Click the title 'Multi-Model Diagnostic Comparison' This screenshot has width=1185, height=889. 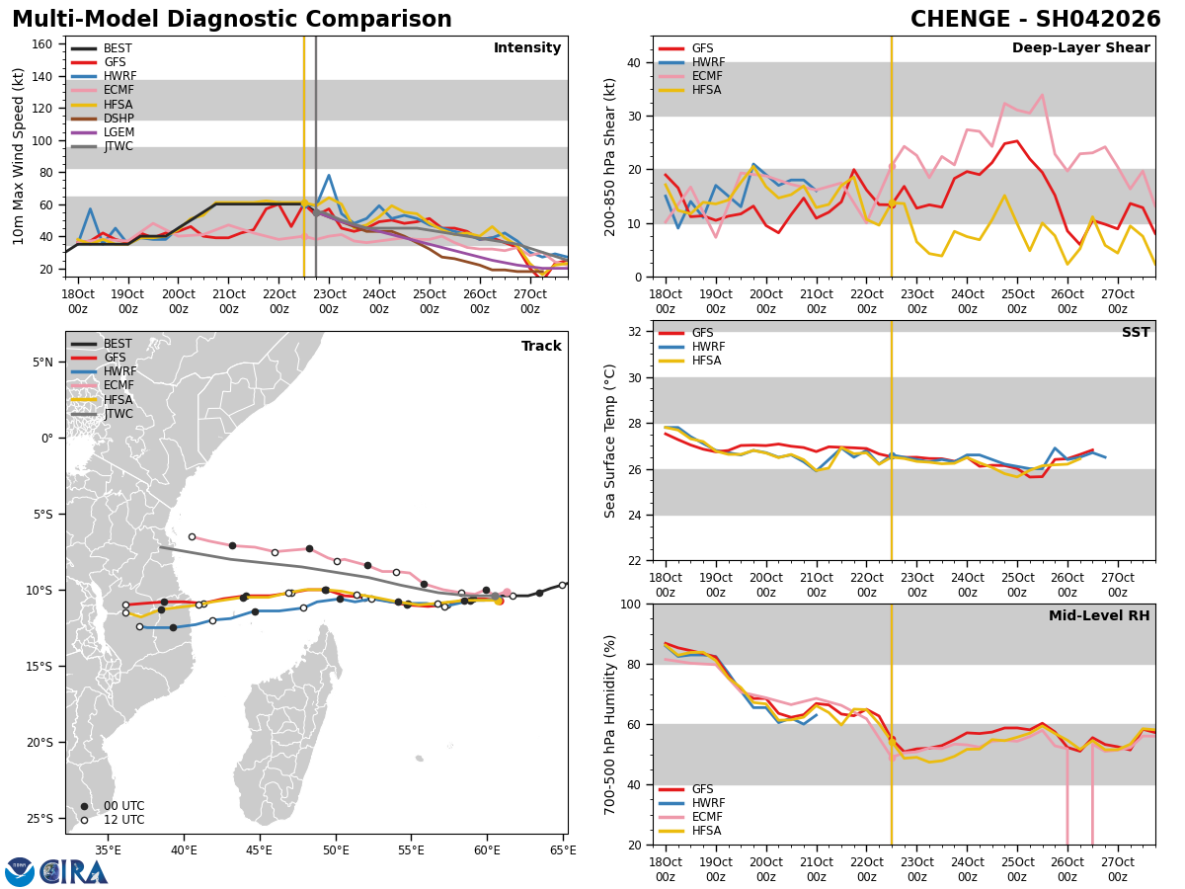[232, 20]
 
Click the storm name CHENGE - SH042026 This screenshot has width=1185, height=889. [1035, 20]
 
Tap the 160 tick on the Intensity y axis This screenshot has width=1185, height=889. [44, 43]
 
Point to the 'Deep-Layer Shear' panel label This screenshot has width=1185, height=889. [1080, 48]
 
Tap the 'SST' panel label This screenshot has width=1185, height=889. [1136, 333]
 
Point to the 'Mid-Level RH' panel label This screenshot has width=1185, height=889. [1099, 616]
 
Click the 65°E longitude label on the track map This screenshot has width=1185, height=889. [563, 849]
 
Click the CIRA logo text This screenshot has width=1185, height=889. [74, 871]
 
